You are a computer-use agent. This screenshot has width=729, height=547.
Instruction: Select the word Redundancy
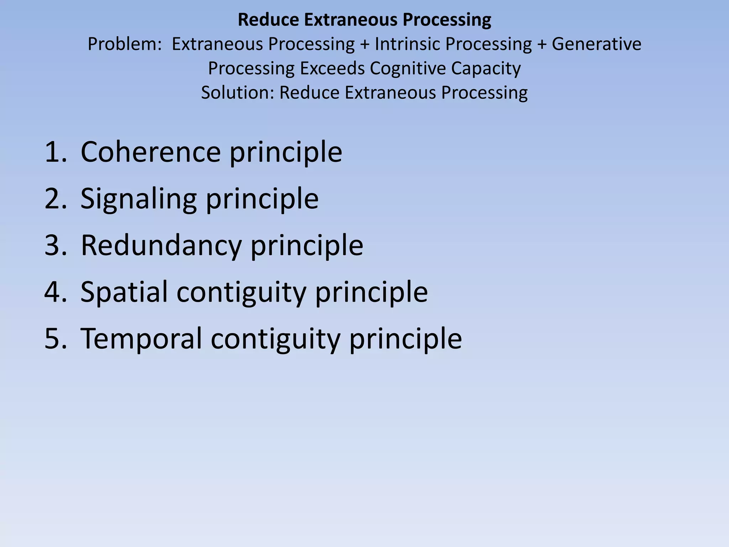coord(161,245)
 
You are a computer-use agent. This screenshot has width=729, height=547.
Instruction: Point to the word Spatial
coord(124,292)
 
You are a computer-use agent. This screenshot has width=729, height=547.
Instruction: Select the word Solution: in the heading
coord(237,93)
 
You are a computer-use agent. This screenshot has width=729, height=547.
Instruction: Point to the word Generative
coord(596,45)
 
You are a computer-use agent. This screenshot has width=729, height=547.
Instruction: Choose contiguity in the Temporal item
coord(275,339)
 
